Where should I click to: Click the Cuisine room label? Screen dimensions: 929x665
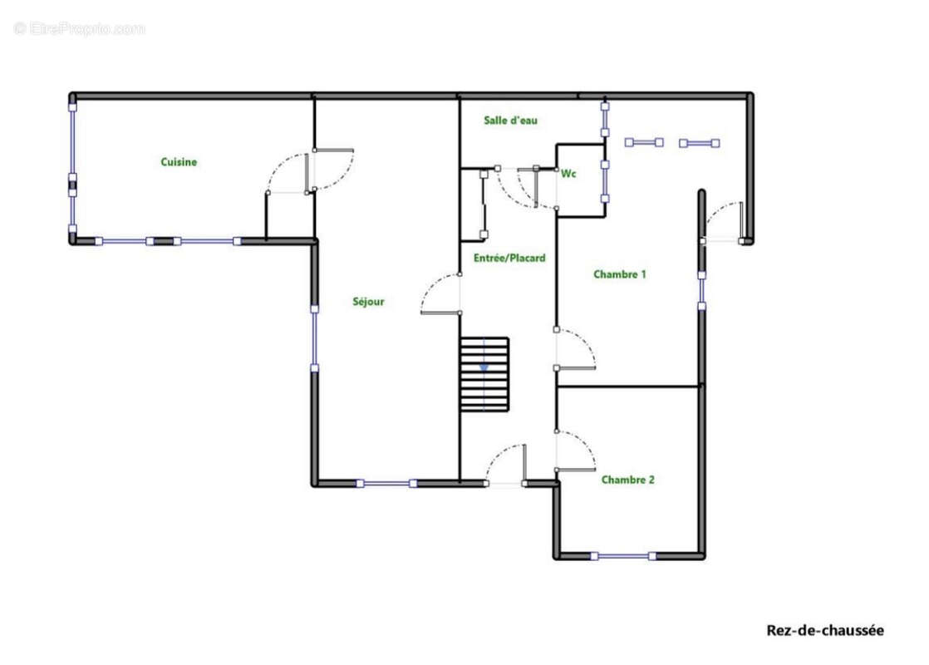coord(179,162)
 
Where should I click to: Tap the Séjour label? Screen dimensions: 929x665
coord(368,302)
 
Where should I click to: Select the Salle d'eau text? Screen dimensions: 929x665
coord(511,121)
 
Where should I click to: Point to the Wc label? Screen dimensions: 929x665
coord(568,174)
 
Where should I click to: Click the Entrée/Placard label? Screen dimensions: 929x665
coord(509,258)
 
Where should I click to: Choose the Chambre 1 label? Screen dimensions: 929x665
coord(620,273)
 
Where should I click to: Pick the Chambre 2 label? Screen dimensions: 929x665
coord(628,480)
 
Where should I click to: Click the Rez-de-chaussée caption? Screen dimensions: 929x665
coord(825,630)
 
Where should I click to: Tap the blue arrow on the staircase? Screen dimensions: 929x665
coord(484,367)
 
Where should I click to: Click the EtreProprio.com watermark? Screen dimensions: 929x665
coord(80,28)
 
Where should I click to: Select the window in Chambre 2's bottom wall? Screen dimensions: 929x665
coord(623,556)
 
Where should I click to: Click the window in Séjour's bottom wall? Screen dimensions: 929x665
coord(386,484)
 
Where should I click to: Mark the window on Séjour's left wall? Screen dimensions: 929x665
coord(315,338)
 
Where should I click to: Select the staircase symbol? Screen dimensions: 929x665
coord(484,375)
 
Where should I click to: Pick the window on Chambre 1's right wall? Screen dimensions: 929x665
coord(701,290)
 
